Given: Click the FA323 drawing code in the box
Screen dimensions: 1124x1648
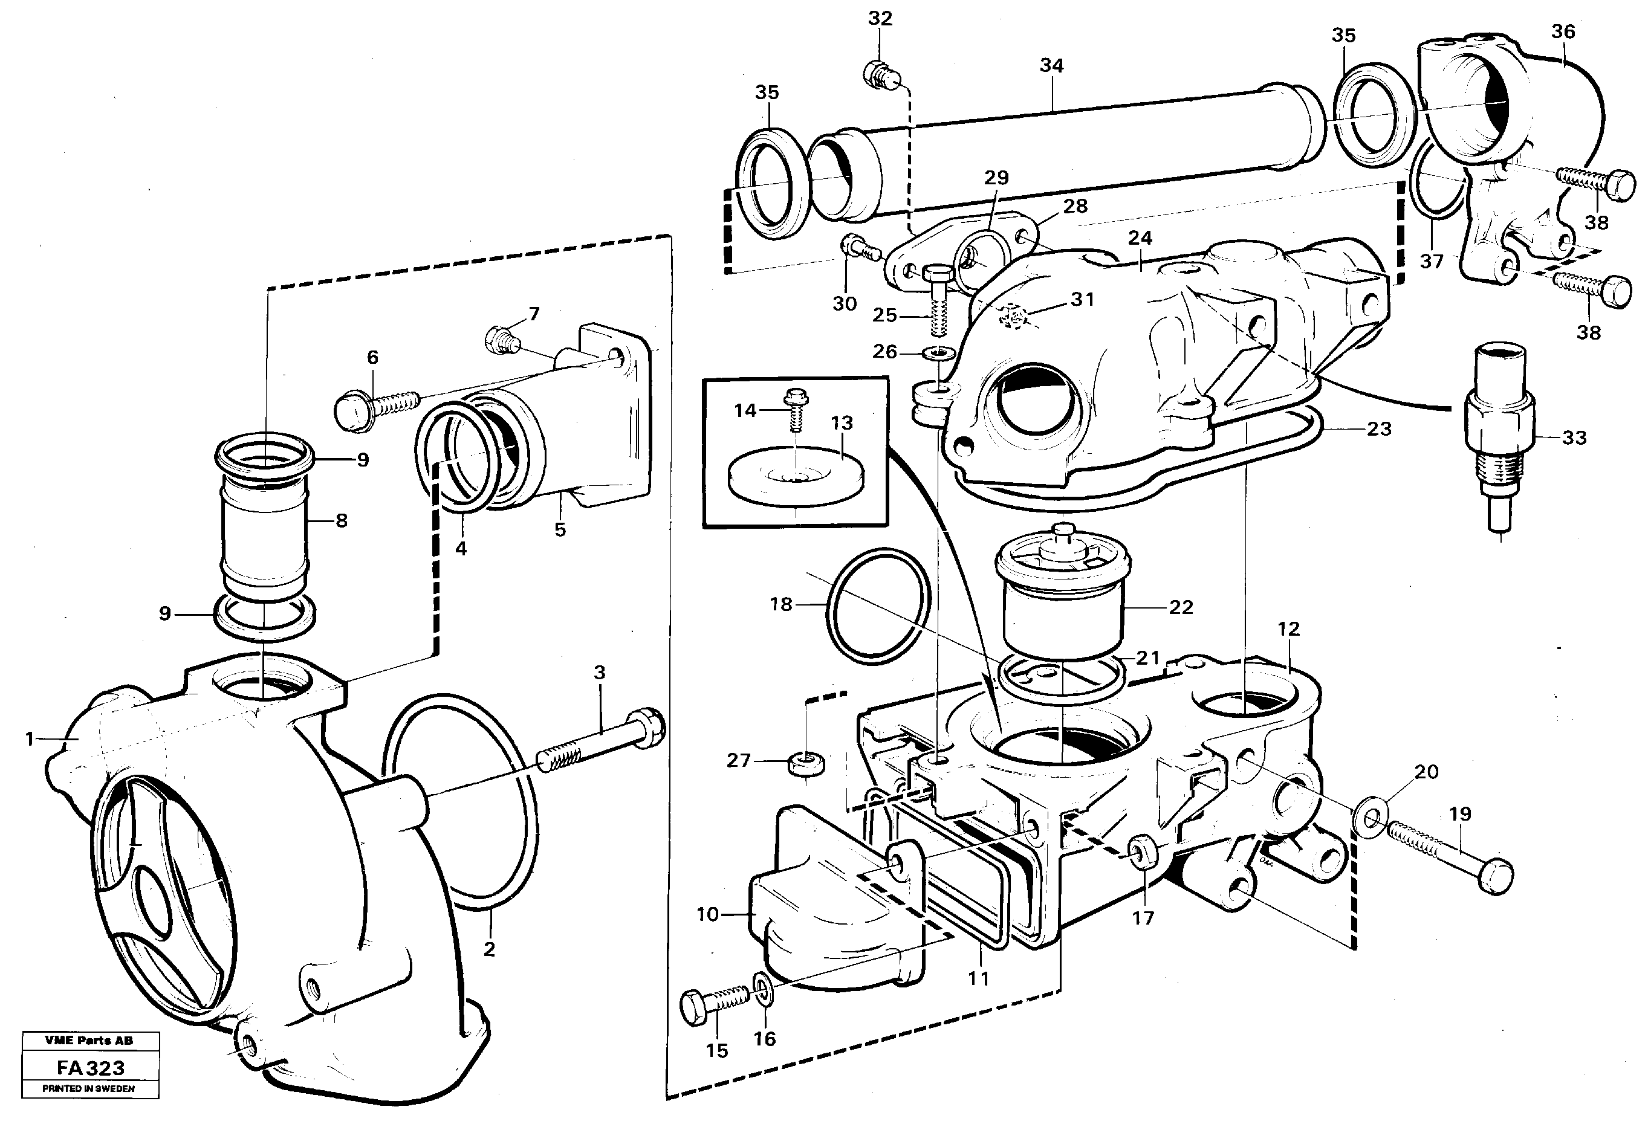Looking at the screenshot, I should pos(90,1068).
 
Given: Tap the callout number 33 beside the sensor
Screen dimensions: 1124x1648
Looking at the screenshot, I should pos(1574,438).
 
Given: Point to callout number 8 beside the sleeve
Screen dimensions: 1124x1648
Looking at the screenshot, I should pos(341,521).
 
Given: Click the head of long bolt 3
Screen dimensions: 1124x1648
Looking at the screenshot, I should pos(648,728).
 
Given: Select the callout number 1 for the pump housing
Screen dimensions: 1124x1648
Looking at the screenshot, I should pos(29,739).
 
